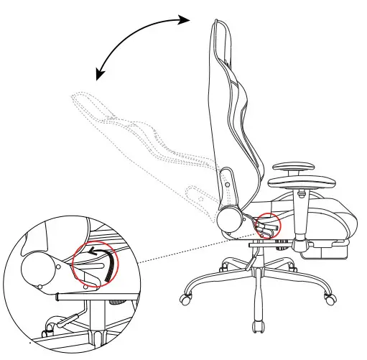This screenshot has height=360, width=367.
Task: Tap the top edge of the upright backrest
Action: coord(218,23)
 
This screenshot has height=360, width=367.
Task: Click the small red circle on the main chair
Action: coord(268,226)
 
